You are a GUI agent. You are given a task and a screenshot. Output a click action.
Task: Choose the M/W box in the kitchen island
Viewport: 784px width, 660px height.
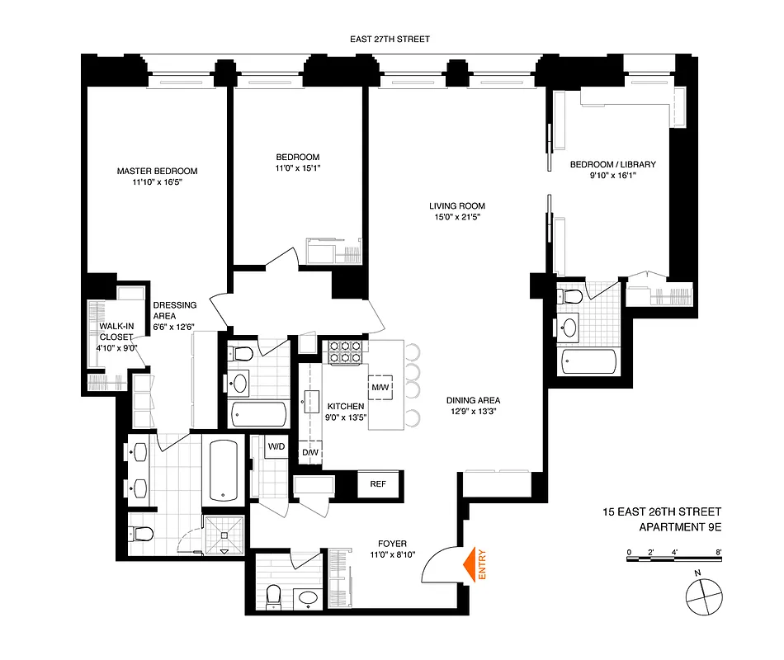(380, 386)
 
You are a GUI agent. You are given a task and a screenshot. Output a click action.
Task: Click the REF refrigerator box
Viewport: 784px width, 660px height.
(378, 484)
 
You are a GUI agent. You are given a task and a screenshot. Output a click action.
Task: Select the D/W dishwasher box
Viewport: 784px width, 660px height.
(310, 452)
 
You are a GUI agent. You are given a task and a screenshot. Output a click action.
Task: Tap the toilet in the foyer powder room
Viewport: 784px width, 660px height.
(274, 596)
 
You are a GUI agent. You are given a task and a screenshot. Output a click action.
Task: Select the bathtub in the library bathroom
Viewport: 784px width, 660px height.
(588, 361)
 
